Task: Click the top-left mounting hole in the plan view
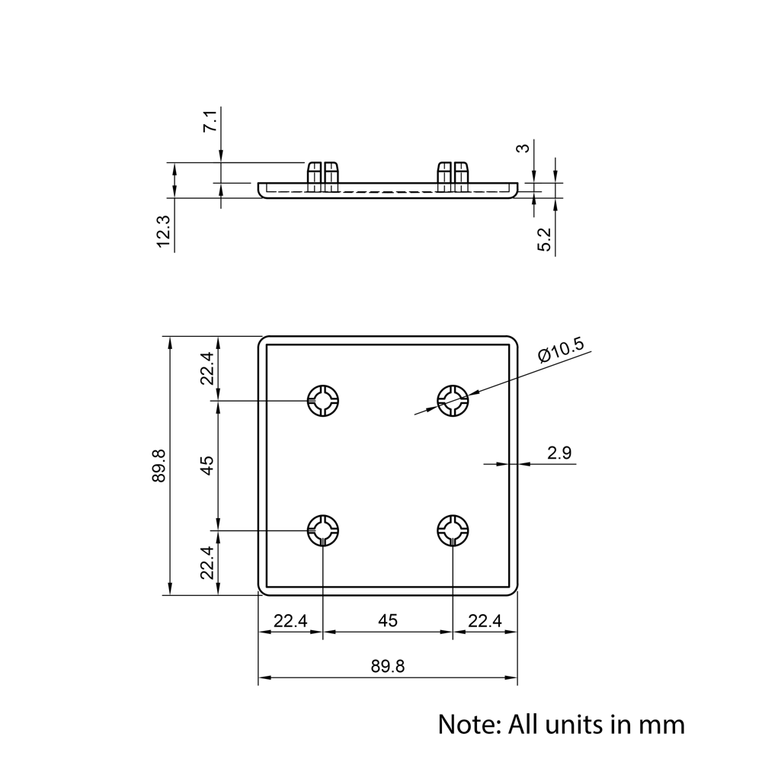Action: [323, 399]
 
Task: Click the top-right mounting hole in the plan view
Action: [453, 399]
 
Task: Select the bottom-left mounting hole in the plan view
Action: [323, 529]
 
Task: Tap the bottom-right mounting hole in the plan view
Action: [453, 529]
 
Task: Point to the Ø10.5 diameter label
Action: [560, 351]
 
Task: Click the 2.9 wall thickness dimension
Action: [559, 453]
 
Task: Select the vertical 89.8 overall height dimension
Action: [158, 465]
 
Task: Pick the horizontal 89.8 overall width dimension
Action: [388, 666]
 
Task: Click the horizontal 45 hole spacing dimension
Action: [388, 621]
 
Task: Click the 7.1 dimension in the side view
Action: [210, 122]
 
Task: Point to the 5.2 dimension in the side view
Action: [545, 239]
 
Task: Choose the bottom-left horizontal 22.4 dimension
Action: [290, 621]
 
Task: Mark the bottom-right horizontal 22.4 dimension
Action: [485, 621]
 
